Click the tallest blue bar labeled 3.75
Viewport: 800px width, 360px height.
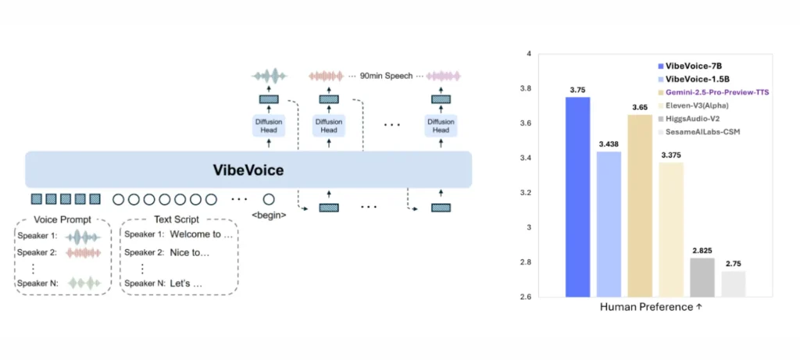(x=578, y=197)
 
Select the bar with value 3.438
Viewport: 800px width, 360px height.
(x=609, y=224)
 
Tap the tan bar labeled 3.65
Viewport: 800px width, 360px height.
(x=640, y=205)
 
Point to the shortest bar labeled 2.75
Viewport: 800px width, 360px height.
(x=733, y=283)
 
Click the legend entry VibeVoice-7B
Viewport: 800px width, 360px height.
(x=693, y=67)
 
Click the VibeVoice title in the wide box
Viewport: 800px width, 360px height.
(x=248, y=169)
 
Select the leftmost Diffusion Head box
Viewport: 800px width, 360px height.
(x=268, y=125)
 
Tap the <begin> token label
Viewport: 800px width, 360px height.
(x=268, y=215)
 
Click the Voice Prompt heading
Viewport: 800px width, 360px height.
(x=62, y=219)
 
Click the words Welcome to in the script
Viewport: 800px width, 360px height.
(x=202, y=234)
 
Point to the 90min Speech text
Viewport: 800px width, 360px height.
(x=384, y=75)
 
